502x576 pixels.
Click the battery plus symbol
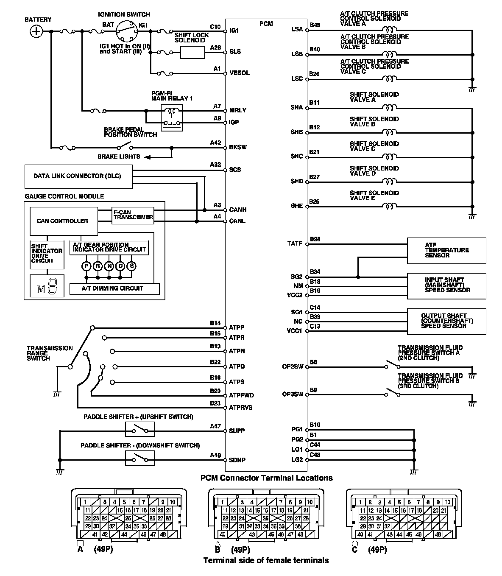coord(37,31)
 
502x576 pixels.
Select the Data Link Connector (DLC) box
coord(78,176)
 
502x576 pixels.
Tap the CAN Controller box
coord(63,221)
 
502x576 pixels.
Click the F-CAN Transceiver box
coord(133,215)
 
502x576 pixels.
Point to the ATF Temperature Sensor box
coord(446,250)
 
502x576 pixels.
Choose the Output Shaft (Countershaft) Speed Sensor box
coord(446,321)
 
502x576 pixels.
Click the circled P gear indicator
coord(86,266)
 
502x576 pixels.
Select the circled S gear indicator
coord(132,266)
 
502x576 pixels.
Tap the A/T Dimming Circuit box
coord(112,288)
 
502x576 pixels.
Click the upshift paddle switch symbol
coord(140,429)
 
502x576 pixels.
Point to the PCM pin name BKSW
coord(238,148)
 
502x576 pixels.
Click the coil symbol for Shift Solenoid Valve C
coord(389,157)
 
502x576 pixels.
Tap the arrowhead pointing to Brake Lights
coord(147,157)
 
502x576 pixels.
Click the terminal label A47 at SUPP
coord(215,426)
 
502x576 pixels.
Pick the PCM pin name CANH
coord(238,210)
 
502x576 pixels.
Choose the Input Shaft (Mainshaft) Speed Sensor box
coord(446,285)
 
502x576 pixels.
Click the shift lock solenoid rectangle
coord(193,52)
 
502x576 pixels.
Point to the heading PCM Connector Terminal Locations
coord(266,478)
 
